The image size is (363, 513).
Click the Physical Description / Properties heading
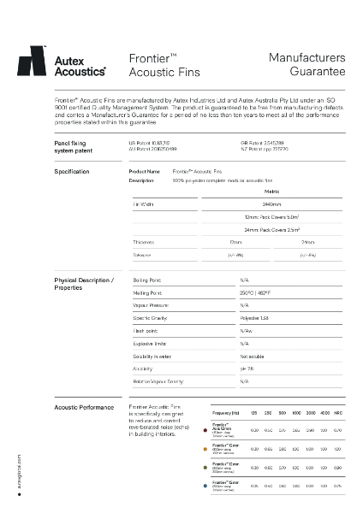tap(83, 284)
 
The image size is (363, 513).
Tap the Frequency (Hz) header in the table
tap(226, 413)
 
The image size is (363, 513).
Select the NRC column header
tap(340, 413)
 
